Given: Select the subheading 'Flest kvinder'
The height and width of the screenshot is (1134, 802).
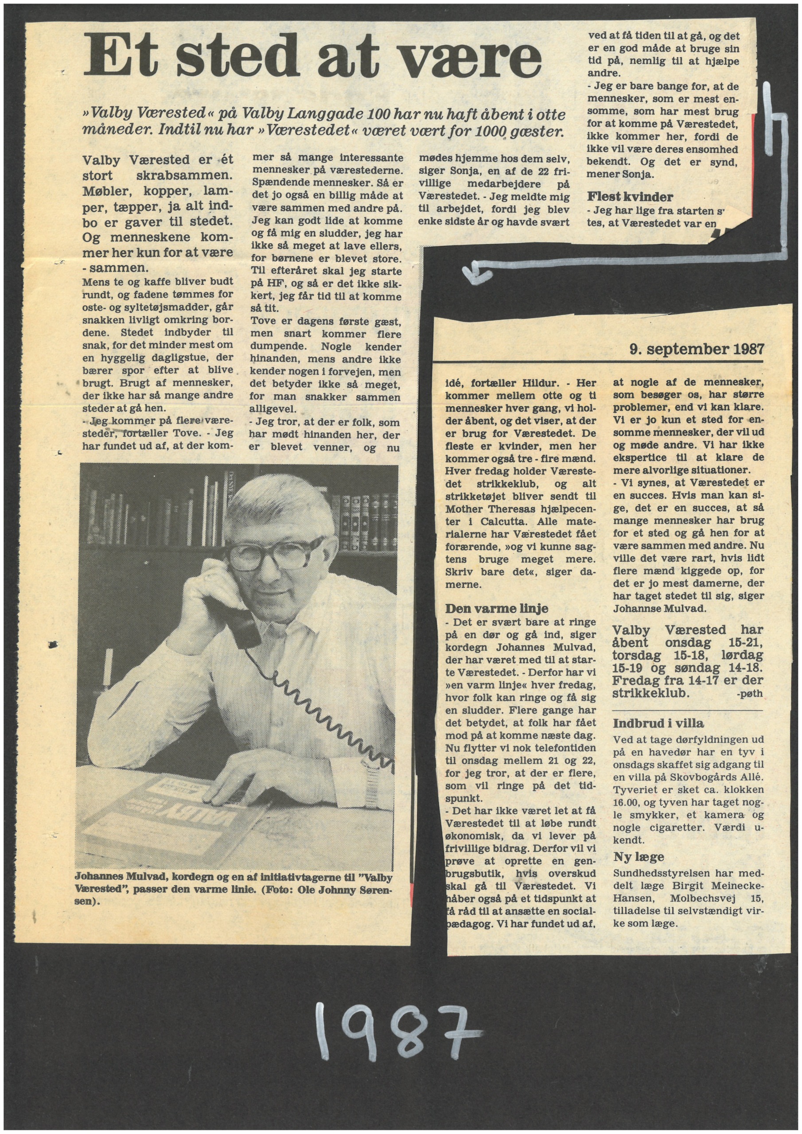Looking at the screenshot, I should tap(630, 197).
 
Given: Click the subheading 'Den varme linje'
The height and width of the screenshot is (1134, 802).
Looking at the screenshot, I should tap(497, 609).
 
